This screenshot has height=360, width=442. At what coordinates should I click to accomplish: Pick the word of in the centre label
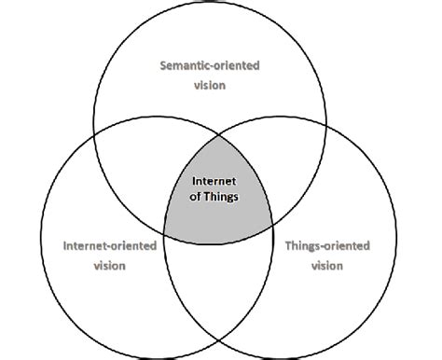click(x=197, y=197)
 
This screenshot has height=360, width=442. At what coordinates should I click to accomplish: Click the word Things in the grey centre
click(x=227, y=197)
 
